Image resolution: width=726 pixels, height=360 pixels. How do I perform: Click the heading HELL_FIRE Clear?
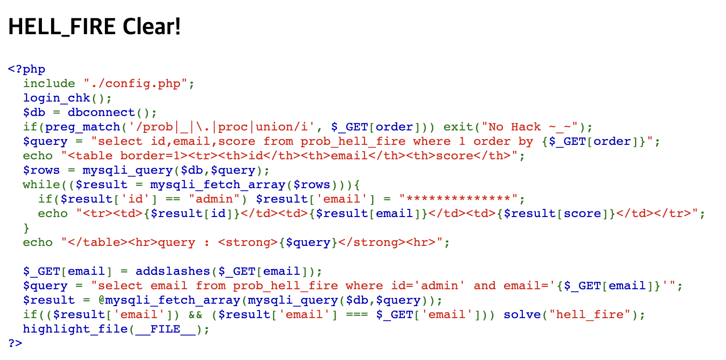pos(94,27)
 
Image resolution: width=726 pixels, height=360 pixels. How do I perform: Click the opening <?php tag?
pos(26,69)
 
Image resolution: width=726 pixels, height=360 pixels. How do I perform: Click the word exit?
pos(458,127)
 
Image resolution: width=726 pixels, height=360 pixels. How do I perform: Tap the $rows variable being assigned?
pos(42,170)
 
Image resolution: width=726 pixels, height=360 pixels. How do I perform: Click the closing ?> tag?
pos(15,344)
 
